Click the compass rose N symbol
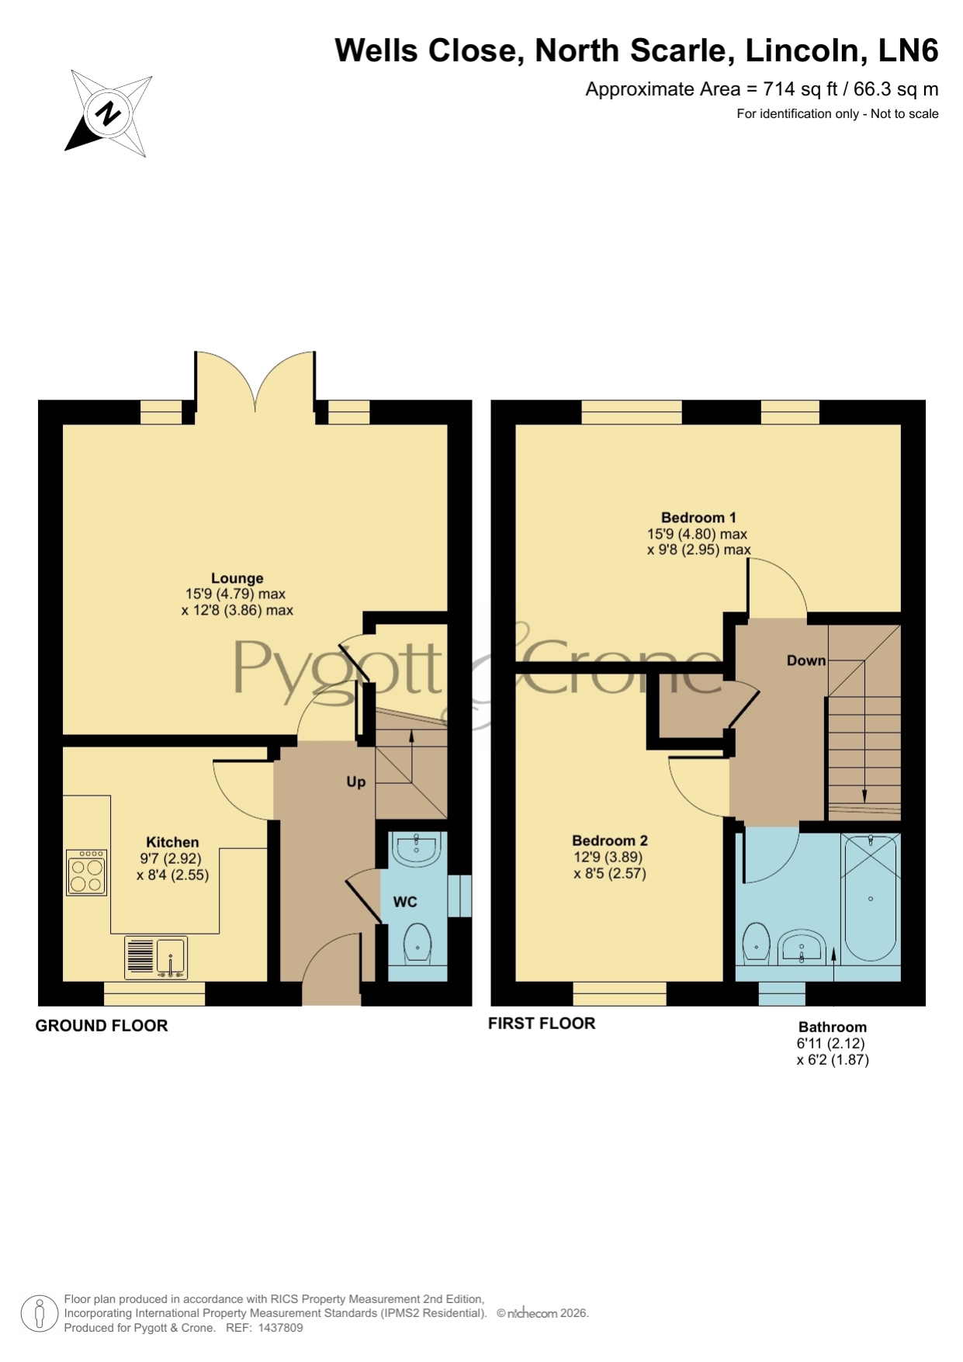tap(108, 113)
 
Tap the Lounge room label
tap(237, 578)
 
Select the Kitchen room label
tap(172, 842)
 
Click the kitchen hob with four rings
tap(86, 873)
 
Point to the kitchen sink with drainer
tap(156, 958)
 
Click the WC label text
tap(405, 902)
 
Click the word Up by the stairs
tap(355, 782)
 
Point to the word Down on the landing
tap(806, 660)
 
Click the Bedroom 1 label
tap(698, 518)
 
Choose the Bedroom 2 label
tap(610, 840)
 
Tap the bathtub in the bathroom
tap(870, 898)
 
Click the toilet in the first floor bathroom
tap(756, 944)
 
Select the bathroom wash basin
tap(802, 948)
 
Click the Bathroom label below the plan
tap(833, 1027)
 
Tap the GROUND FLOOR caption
tap(102, 1026)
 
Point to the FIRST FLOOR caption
tap(542, 1024)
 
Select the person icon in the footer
tap(39, 1314)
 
